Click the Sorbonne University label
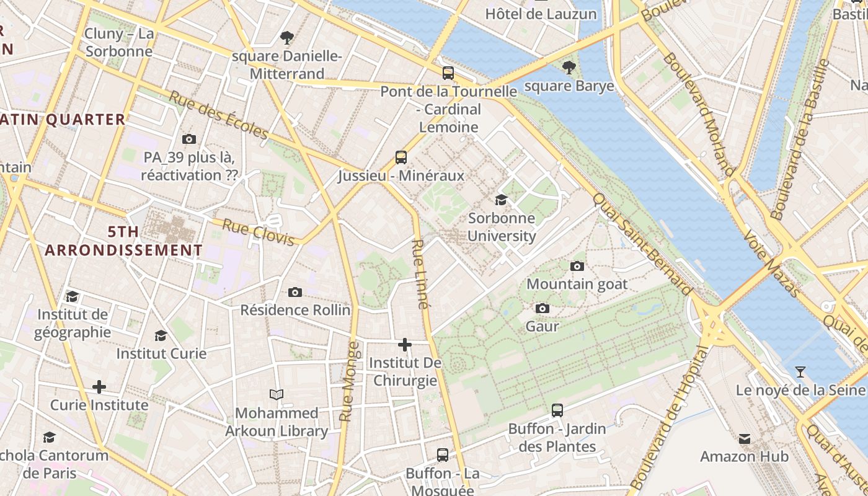(501, 227)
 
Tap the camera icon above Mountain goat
(577, 266)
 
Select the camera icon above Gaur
(542, 308)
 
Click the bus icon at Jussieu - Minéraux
(401, 157)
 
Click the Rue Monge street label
(350, 381)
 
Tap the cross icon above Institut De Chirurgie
(405, 344)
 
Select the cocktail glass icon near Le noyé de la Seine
(800, 372)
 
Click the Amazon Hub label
(744, 457)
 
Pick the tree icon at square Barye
(569, 68)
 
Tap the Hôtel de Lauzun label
(541, 14)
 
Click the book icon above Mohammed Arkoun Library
(277, 394)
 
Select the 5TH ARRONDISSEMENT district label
(123, 241)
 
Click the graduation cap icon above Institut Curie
(161, 335)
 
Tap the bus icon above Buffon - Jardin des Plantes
(557, 410)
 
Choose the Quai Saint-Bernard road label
(642, 244)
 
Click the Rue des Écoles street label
(218, 115)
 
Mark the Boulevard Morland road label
(699, 114)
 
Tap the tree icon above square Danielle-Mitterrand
(286, 38)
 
